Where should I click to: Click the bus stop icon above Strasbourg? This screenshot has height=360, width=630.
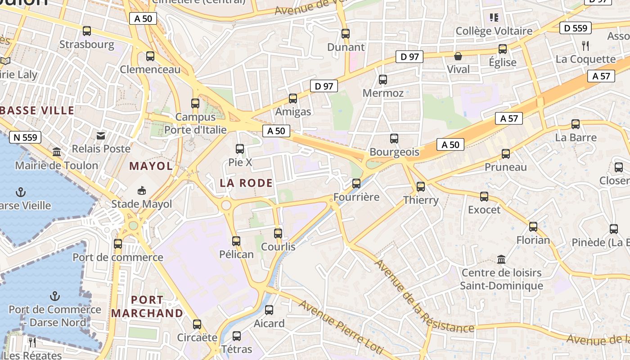(87, 31)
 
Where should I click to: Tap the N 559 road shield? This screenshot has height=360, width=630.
(25, 137)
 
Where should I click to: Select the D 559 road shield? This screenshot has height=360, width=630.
(576, 28)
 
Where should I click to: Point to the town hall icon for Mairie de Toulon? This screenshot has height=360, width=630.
(57, 152)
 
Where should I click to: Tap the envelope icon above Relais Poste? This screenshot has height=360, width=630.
(101, 135)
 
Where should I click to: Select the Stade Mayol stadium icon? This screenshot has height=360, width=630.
(142, 190)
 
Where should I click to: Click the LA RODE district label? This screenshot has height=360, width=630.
(246, 183)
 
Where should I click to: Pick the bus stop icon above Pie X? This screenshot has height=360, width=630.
(240, 148)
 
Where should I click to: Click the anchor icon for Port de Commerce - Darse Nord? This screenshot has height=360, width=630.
(55, 296)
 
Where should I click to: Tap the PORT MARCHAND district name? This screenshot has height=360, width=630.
(147, 306)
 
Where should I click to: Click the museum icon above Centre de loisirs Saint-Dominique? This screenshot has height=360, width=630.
(501, 259)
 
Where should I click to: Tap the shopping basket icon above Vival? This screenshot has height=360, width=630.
(458, 56)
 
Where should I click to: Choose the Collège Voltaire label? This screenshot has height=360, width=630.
(494, 31)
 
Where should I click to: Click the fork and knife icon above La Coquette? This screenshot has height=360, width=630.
(585, 45)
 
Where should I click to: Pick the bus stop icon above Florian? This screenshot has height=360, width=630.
(533, 227)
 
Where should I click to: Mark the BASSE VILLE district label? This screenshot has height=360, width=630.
(37, 110)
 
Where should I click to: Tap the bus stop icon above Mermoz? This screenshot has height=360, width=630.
(383, 80)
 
